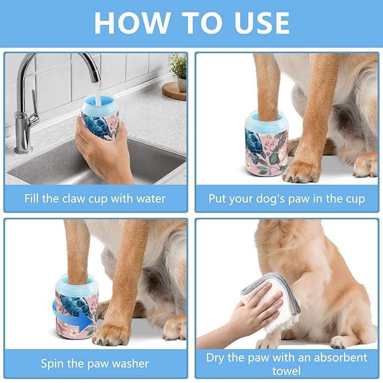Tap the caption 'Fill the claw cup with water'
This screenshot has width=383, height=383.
coord(95,199)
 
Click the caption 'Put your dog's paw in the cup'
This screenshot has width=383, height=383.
coord(287,199)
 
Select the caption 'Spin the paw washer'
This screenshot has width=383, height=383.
coord(95,363)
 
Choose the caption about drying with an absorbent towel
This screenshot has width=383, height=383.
coord(287,364)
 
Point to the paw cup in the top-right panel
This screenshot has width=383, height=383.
coord(266,144)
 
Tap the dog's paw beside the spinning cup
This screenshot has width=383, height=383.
coord(111,333)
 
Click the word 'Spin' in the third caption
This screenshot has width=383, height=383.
coord(52,363)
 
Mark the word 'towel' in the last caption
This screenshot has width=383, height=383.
coord(287,371)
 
